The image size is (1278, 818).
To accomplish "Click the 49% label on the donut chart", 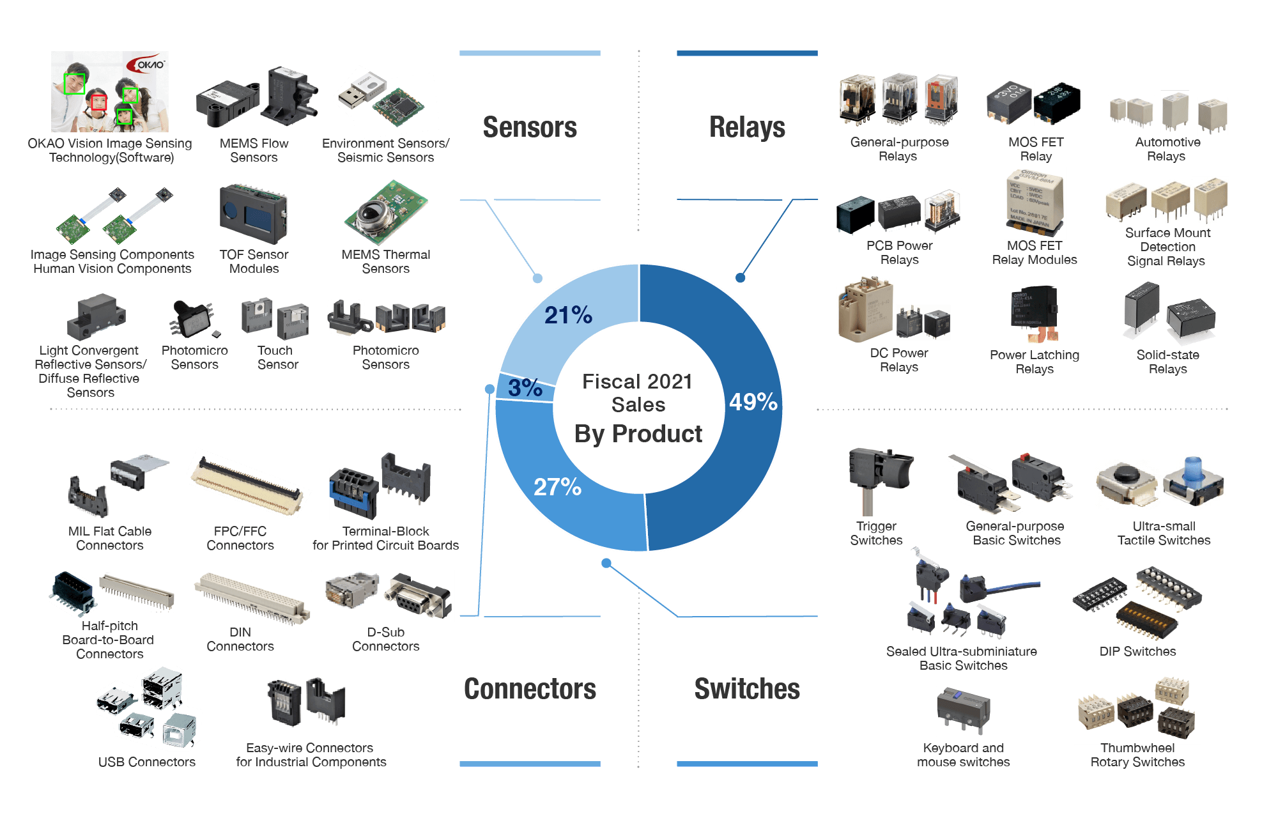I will click(x=753, y=402).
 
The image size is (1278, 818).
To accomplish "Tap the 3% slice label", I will click(x=525, y=387).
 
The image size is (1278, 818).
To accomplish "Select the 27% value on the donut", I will click(x=557, y=487).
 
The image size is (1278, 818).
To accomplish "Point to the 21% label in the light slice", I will click(x=568, y=314).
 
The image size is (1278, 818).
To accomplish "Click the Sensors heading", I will click(x=530, y=127).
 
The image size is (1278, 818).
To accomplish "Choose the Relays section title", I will click(x=747, y=127).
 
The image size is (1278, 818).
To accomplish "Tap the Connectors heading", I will click(x=530, y=689).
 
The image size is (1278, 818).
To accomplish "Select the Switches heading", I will click(x=747, y=689).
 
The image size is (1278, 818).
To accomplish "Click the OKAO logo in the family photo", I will click(x=146, y=64).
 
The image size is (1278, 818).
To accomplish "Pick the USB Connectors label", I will click(x=147, y=762).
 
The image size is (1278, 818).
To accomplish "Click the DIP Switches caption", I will click(x=1137, y=652).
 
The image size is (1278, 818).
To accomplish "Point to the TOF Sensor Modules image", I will click(x=254, y=214).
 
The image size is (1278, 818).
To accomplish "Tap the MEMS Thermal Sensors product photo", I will click(x=386, y=213).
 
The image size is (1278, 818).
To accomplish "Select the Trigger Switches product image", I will click(x=881, y=481).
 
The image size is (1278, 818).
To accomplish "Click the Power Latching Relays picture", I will click(x=1035, y=314).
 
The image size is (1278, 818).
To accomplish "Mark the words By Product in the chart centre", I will click(x=638, y=434).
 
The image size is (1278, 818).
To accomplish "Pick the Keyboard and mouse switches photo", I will click(x=964, y=711).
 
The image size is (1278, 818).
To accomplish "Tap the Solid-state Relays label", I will click(x=1167, y=362).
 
